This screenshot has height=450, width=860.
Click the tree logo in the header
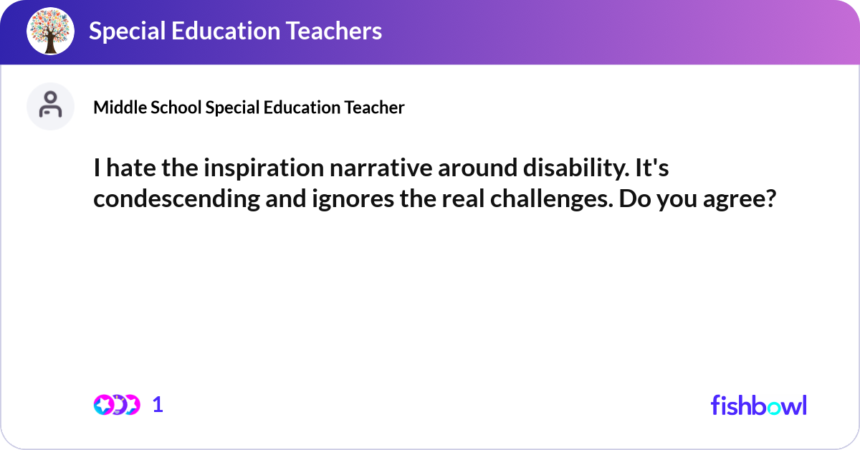click(x=51, y=32)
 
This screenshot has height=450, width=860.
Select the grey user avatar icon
click(x=50, y=106)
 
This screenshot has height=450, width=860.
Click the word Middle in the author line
click(x=115, y=107)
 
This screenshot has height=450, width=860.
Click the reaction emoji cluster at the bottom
click(x=117, y=405)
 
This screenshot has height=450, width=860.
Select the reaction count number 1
click(x=158, y=405)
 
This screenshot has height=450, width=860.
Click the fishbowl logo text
click(x=758, y=405)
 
